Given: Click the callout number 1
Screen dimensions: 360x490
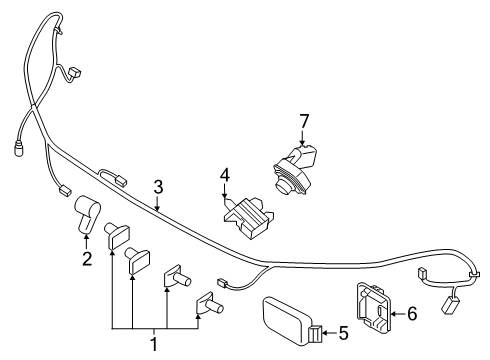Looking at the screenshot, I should (153, 343).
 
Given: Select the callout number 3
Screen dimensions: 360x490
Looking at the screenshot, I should (158, 186).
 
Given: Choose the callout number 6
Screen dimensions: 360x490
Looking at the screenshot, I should (412, 313).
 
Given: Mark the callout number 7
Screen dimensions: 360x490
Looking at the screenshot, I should (305, 121).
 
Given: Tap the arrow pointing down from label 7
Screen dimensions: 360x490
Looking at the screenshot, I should (304, 142).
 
